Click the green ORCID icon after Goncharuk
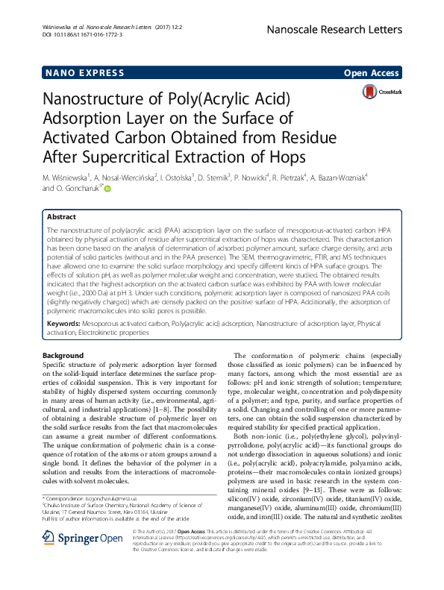point(107,189)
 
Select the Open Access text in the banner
point(371,73)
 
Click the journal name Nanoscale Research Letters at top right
point(348,30)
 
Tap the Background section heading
point(63,355)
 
